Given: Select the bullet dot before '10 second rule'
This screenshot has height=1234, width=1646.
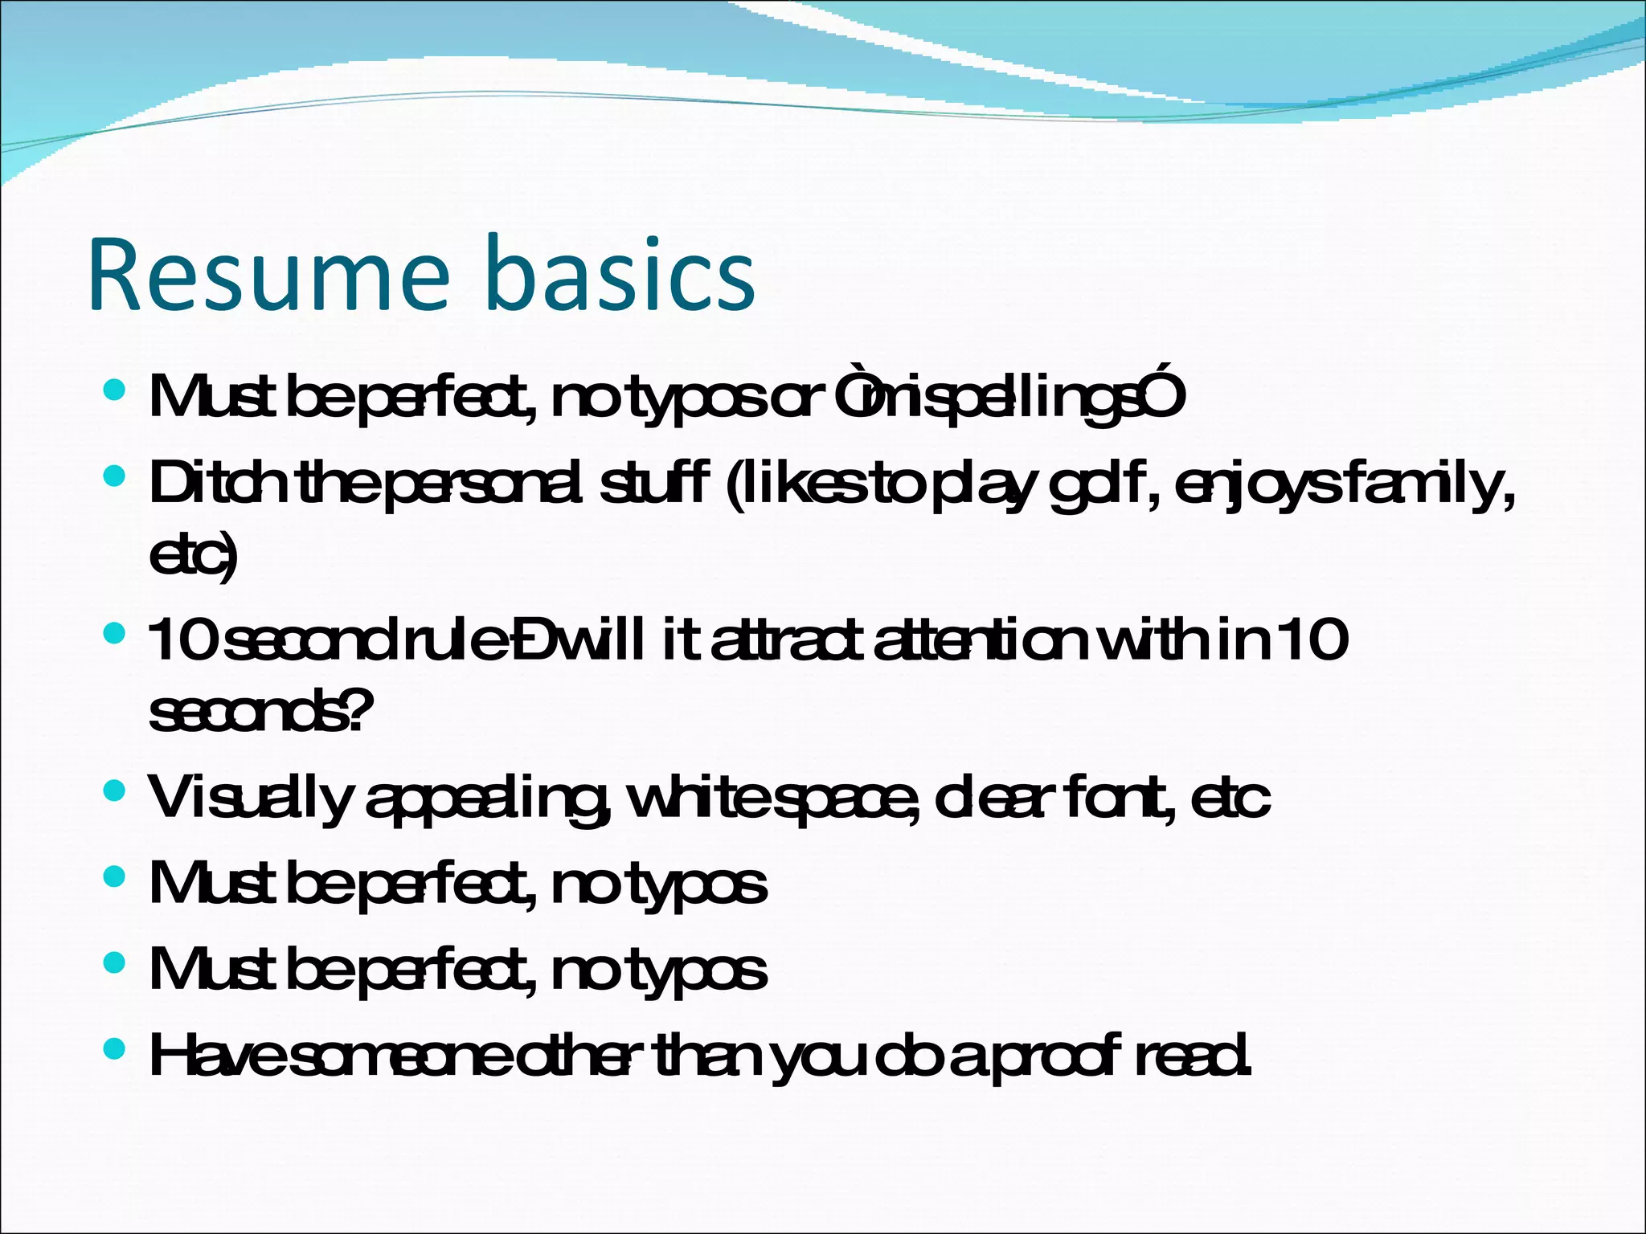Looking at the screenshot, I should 116,635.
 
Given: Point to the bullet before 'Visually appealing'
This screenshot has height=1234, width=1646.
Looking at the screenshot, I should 116,791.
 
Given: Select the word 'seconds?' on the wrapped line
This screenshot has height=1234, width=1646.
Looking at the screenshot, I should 261,712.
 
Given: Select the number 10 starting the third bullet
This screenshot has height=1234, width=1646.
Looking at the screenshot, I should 182,641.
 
